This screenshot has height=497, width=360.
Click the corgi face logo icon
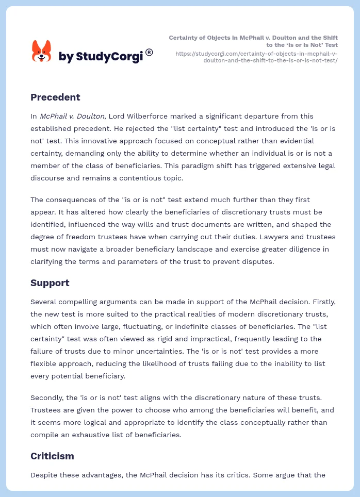pyautogui.click(x=42, y=52)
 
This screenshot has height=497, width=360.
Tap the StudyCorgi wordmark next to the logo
pyautogui.click(x=101, y=56)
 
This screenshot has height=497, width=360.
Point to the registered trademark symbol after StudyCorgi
pyautogui.click(x=149, y=52)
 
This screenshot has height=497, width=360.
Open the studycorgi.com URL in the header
pyautogui.click(x=256, y=57)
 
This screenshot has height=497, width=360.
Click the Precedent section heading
pyautogui.click(x=55, y=97)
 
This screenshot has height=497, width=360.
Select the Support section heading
pyautogui.click(x=50, y=283)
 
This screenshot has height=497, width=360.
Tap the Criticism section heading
pyautogui.click(x=52, y=456)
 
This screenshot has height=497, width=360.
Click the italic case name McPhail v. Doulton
pyautogui.click(x=72, y=116)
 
